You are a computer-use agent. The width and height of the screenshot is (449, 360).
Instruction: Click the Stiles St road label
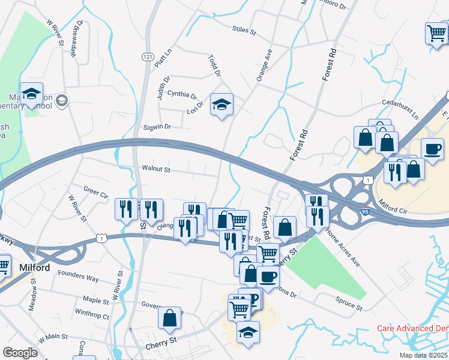click(244, 29)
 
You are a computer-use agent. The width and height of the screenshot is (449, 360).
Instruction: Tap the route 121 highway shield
click(148, 56)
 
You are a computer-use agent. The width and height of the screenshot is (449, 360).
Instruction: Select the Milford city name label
click(35, 268)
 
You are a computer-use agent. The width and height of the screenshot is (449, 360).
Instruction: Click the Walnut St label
click(156, 170)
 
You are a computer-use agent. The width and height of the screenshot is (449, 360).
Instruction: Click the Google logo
click(20, 353)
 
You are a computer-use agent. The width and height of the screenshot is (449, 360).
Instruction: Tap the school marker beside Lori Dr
click(221, 105)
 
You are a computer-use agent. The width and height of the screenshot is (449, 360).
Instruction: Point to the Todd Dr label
click(214, 65)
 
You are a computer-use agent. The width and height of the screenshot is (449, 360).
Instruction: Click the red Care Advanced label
click(412, 329)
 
